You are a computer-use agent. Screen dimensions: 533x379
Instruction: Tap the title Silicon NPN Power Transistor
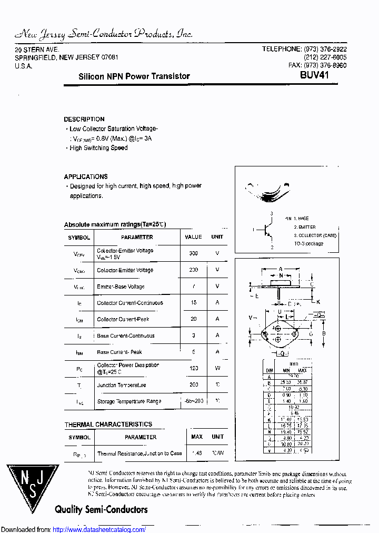coord(134,76)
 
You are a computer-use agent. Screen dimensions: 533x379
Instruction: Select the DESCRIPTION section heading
coord(84,120)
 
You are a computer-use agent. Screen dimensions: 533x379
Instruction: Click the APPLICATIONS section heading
coord(86,177)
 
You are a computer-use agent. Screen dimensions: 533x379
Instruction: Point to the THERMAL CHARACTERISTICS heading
coord(108,425)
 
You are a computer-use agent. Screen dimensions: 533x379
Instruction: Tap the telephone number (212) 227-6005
coord(325,57)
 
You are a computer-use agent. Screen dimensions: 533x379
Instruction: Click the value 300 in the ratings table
coord(193,253)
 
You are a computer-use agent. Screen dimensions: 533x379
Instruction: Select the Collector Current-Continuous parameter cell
coord(130,303)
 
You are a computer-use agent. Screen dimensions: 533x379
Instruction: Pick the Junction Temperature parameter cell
coord(122,385)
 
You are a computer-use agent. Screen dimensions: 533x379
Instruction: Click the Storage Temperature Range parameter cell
coord(129,401)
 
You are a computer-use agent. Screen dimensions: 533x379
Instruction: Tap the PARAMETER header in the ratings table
coord(137,238)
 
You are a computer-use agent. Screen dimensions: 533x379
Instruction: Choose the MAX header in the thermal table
coord(197,437)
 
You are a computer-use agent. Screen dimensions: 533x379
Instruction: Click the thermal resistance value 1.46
coord(197,453)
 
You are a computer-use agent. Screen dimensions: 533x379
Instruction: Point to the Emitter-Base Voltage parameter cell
coord(121,287)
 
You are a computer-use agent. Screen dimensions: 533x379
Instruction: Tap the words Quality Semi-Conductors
coord(101,509)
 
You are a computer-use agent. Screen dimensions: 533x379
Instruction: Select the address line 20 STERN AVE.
coord(36,49)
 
